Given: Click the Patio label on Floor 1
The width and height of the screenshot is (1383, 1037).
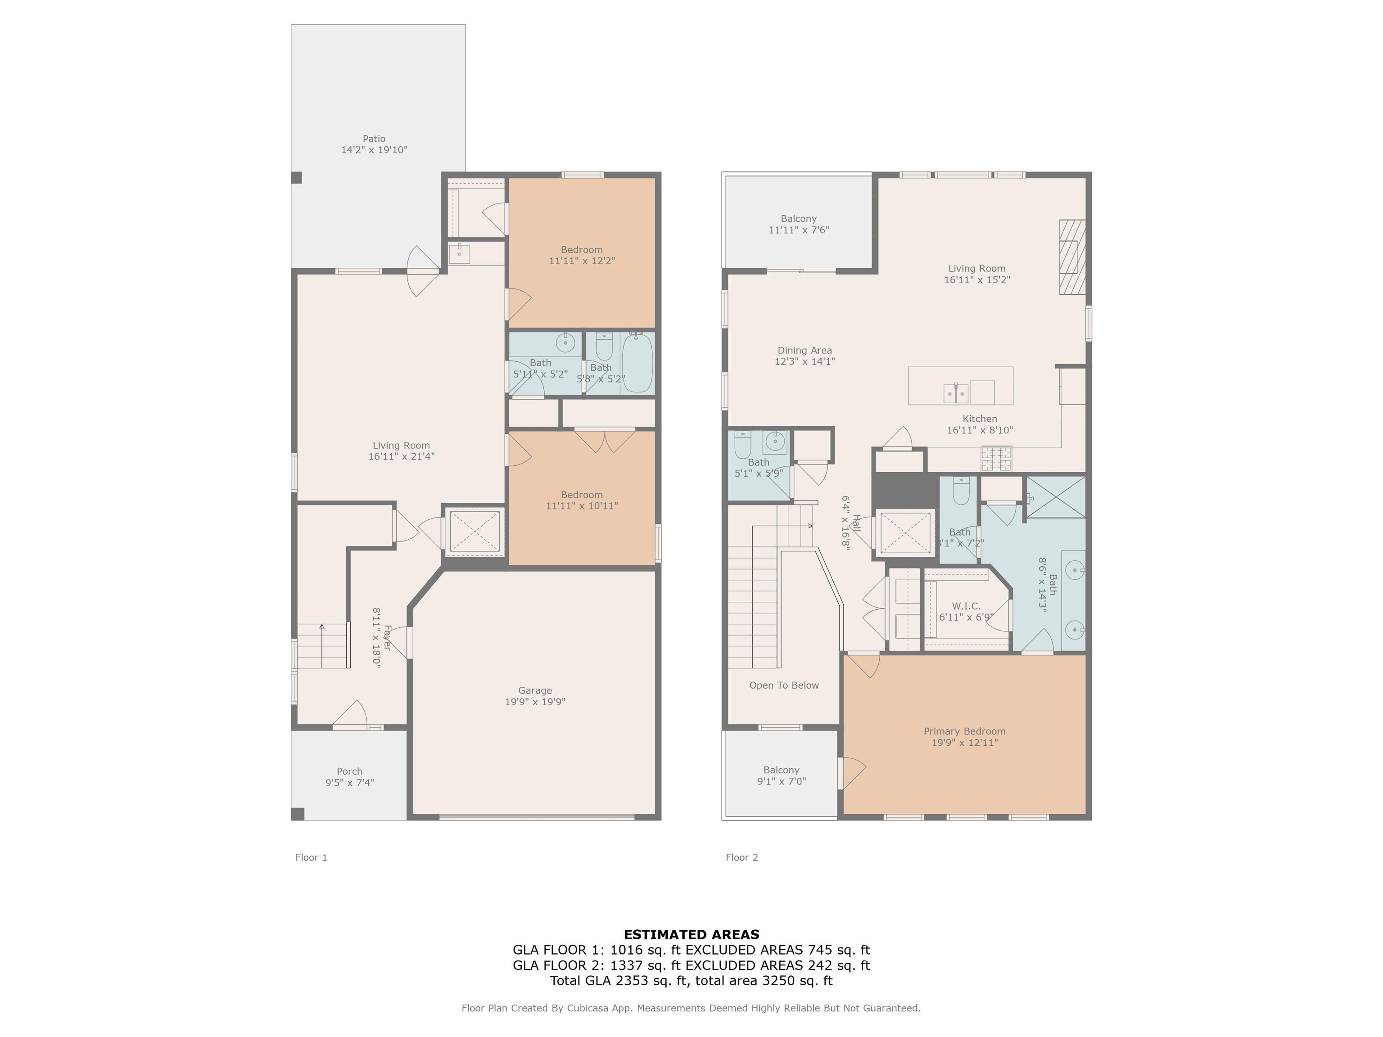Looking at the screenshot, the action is pyautogui.click(x=374, y=139).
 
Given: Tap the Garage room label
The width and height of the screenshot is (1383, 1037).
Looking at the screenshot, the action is pyautogui.click(x=535, y=691).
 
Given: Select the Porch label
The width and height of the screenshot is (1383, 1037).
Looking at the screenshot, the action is pyautogui.click(x=349, y=771).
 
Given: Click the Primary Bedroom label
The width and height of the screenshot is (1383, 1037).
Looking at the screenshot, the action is pyautogui.click(x=965, y=731).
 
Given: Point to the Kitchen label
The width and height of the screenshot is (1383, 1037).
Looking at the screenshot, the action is pyautogui.click(x=980, y=419).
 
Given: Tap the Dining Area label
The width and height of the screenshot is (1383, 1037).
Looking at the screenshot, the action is pyautogui.click(x=804, y=351).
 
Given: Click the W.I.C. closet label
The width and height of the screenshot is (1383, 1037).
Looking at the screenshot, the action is pyautogui.click(x=966, y=606).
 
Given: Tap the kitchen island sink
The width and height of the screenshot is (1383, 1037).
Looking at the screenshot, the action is pyautogui.click(x=956, y=393).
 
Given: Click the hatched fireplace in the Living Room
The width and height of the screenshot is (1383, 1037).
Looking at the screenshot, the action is pyautogui.click(x=1072, y=257).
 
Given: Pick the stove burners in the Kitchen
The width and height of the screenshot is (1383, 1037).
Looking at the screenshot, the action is pyautogui.click(x=996, y=458).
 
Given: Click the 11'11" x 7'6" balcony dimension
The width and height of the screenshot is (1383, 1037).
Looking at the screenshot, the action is pyautogui.click(x=798, y=230).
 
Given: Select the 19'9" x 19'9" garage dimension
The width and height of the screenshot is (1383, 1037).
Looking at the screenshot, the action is pyautogui.click(x=535, y=702).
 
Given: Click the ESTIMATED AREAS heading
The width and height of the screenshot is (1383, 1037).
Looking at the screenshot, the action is pyautogui.click(x=691, y=934).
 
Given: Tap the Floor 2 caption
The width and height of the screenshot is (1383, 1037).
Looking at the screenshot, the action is pyautogui.click(x=741, y=857).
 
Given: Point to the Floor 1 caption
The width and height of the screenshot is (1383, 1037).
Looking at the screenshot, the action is pyautogui.click(x=312, y=857).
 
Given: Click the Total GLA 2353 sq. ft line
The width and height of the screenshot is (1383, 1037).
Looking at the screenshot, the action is pyautogui.click(x=691, y=981).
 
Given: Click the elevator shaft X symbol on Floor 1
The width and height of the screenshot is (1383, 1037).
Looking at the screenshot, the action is pyautogui.click(x=475, y=531).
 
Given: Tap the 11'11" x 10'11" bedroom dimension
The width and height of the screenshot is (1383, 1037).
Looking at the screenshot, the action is pyautogui.click(x=582, y=506).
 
